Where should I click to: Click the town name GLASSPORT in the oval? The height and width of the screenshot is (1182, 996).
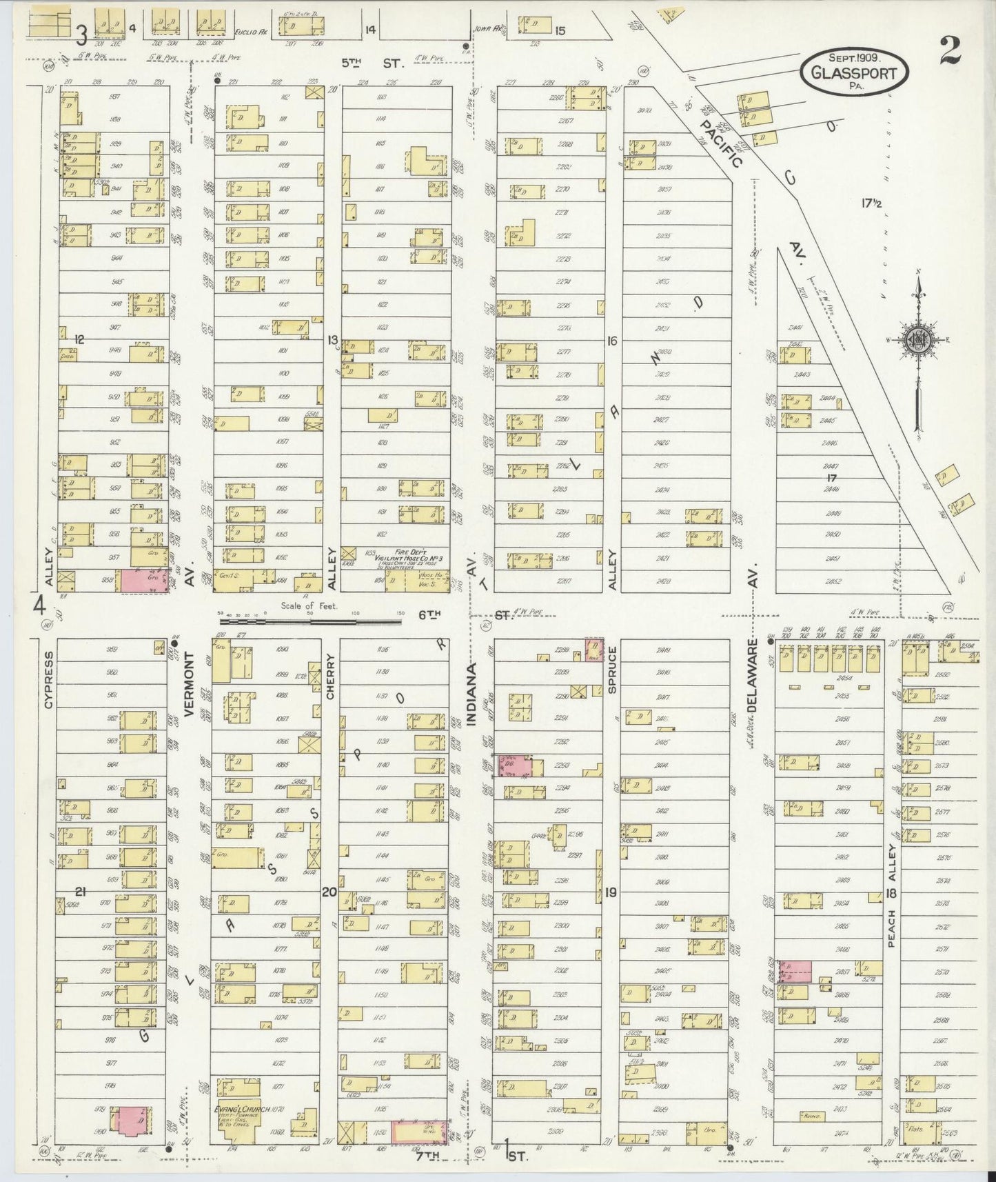pos(855,73)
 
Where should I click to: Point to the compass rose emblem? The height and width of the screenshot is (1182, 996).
pos(917,339)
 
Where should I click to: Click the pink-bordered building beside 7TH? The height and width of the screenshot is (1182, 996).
pos(419,1132)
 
